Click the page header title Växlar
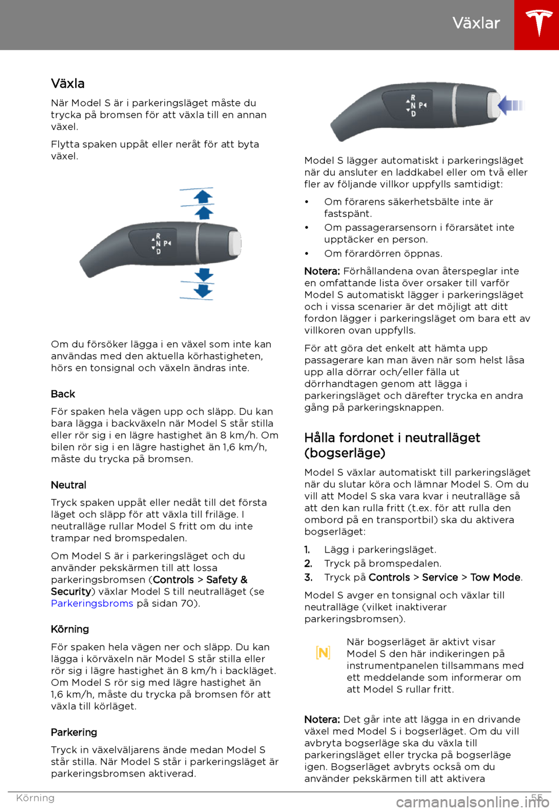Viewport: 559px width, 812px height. point(476,23)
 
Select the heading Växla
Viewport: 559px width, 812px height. point(68,84)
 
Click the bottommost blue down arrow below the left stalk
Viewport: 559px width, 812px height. point(203,290)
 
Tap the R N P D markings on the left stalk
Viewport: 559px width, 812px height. point(161,244)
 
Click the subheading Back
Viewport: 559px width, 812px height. point(63,394)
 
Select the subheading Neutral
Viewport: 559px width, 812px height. point(68,485)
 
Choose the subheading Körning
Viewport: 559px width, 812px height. point(70,629)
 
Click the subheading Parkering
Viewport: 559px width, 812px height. point(74,732)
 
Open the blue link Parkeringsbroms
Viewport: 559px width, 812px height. point(92,603)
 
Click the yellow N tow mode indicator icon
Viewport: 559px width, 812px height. point(323,653)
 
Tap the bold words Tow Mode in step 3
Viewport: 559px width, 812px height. point(495,578)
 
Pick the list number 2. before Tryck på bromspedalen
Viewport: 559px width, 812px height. point(308,564)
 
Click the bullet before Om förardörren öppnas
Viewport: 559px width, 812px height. point(306,254)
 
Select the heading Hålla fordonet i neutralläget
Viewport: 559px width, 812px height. point(392,438)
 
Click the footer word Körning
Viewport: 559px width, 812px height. point(35,798)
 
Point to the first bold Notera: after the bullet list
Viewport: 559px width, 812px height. point(322,271)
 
